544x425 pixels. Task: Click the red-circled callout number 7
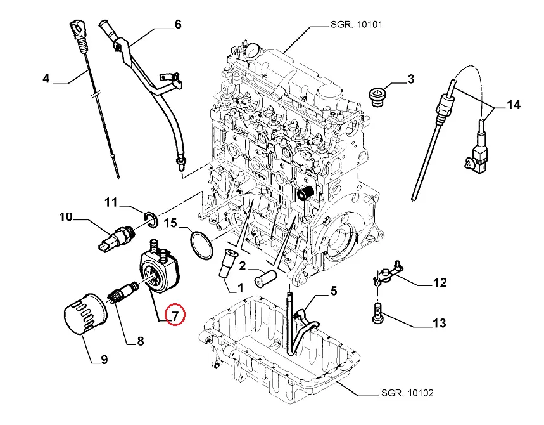pyautogui.click(x=174, y=314)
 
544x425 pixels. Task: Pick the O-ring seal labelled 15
pyautogui.click(x=201, y=245)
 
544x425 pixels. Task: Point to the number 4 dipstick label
pyautogui.click(x=46, y=79)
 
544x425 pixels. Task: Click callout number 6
pyautogui.click(x=177, y=25)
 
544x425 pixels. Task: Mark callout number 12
pyautogui.click(x=439, y=283)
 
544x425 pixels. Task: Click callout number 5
pyautogui.click(x=333, y=292)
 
